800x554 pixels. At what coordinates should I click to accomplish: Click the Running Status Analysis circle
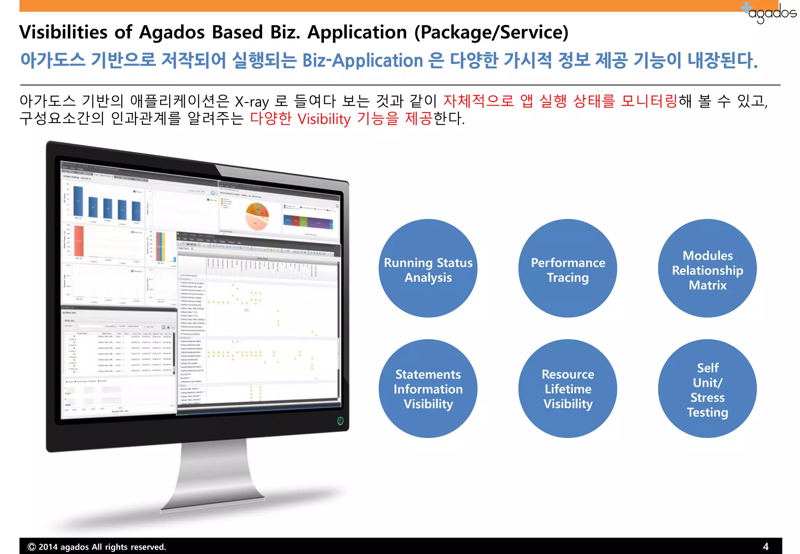[x=428, y=269]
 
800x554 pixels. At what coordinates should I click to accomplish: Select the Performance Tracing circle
[x=568, y=269]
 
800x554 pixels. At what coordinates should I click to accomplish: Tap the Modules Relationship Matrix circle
[x=707, y=269]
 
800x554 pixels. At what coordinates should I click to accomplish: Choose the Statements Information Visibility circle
[x=428, y=389]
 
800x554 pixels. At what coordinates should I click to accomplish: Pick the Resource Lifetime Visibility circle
[x=568, y=389]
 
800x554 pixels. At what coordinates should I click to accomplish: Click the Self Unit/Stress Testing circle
[x=707, y=389]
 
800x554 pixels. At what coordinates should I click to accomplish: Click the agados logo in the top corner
[x=770, y=13]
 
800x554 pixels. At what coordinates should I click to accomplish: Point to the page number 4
[x=765, y=546]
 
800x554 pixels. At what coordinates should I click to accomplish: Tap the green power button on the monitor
[x=340, y=421]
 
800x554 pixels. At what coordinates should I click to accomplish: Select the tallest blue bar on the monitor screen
[x=78, y=201]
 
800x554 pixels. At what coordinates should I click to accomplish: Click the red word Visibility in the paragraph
[x=324, y=119]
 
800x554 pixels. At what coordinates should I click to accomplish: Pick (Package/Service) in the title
[x=491, y=32]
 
